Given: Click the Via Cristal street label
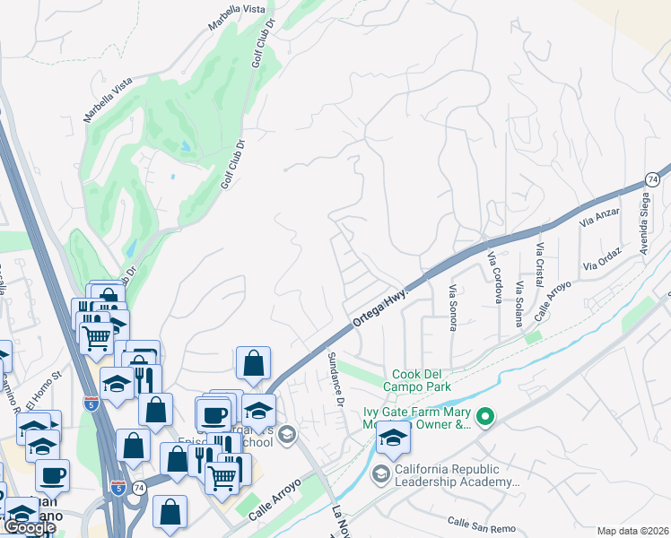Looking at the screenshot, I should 540,261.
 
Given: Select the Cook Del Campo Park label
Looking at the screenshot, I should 421,380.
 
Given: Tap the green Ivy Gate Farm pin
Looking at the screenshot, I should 485,416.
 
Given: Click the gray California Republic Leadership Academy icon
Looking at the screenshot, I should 380,473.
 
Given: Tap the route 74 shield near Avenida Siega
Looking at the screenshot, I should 652,180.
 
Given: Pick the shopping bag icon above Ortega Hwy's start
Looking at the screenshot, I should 253,363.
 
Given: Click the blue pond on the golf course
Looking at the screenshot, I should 186,145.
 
